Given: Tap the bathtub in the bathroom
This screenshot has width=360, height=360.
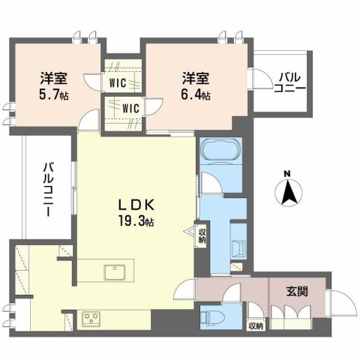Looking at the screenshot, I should click(x=220, y=149).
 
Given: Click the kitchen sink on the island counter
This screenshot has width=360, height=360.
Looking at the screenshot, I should click(x=114, y=271).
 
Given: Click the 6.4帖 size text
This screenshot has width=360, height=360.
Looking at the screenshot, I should click(x=195, y=95).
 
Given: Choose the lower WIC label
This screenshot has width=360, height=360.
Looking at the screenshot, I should click(x=132, y=108).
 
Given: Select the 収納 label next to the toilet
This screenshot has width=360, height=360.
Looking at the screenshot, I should click(x=255, y=325).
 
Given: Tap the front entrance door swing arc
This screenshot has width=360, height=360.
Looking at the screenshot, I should click(x=342, y=305).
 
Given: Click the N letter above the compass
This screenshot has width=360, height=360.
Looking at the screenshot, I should click(x=288, y=176).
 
